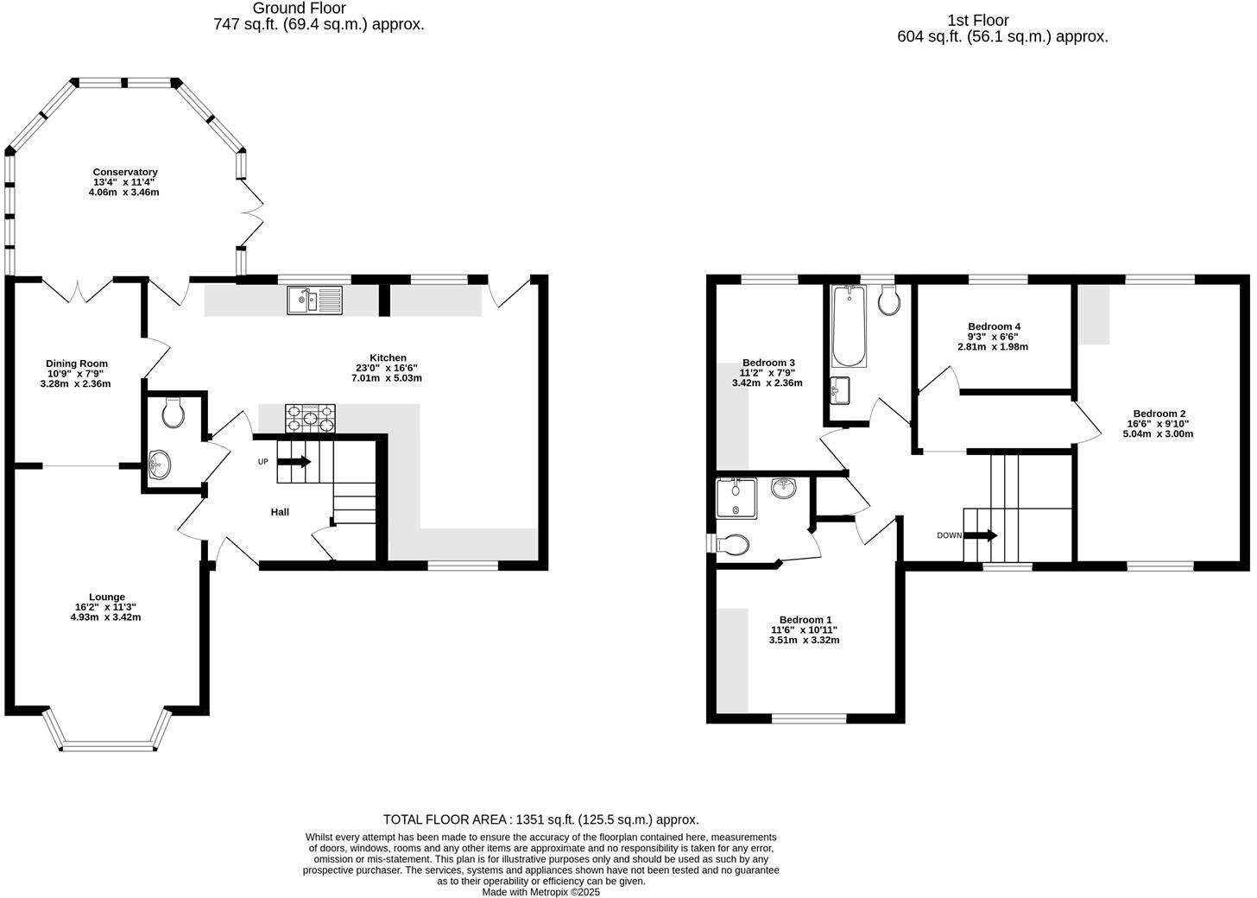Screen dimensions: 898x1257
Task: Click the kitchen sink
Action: (314, 300)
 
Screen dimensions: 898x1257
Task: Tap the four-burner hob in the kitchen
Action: (310, 418)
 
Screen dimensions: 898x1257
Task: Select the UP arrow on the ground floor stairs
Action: (294, 462)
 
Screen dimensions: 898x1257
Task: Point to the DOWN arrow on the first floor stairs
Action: (980, 535)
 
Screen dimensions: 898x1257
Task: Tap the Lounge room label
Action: (106, 597)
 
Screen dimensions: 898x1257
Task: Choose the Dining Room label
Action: (77, 364)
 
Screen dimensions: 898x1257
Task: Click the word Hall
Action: (280, 512)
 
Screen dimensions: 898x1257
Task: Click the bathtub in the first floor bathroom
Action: (849, 327)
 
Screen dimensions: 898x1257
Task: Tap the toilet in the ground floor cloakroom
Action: (174, 413)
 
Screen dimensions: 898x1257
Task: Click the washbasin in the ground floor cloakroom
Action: (160, 465)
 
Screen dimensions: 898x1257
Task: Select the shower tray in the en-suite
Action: (736, 498)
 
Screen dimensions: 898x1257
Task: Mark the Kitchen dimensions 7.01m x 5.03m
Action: (387, 378)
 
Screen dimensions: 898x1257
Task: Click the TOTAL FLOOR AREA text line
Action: (540, 819)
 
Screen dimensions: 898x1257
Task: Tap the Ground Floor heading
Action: (300, 9)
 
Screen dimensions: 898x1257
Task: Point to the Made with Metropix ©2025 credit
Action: (540, 892)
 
